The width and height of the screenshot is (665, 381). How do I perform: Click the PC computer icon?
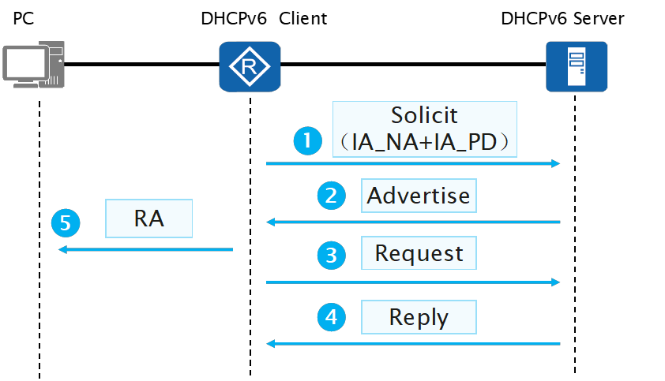(32, 65)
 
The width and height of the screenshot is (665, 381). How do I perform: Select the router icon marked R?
(250, 65)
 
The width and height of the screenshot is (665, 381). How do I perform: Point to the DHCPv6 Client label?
(264, 17)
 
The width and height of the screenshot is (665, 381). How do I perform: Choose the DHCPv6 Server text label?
(562, 17)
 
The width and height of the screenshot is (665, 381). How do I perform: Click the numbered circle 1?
(306, 141)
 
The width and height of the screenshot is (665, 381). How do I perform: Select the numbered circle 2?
(331, 196)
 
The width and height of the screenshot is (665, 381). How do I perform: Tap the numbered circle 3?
(331, 254)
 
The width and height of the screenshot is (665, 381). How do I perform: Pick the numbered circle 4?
(331, 317)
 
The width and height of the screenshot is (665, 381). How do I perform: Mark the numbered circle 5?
(66, 223)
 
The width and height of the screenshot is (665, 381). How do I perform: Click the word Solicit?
(424, 115)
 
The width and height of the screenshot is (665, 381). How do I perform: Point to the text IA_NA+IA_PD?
(424, 142)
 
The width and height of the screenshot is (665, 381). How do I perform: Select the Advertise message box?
(419, 195)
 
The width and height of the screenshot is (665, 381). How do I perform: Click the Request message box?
(419, 253)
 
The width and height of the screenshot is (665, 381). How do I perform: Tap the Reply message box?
(419, 317)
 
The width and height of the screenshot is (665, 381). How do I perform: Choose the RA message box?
(149, 218)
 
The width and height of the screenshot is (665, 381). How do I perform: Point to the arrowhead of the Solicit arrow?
(555, 163)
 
